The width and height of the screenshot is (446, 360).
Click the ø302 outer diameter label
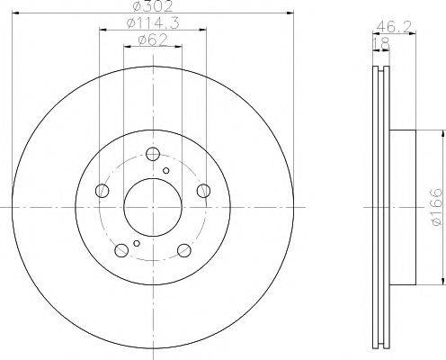153,6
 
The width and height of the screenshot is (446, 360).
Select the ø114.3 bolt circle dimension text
153,23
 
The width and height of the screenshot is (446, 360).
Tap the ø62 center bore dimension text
153,40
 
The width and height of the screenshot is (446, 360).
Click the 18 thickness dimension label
381,44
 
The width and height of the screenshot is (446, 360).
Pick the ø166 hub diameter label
436,207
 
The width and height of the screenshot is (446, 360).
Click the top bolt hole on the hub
153,154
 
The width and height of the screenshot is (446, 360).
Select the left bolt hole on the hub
102,191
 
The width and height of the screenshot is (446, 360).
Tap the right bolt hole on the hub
204,191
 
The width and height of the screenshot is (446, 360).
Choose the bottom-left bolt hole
121,250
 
